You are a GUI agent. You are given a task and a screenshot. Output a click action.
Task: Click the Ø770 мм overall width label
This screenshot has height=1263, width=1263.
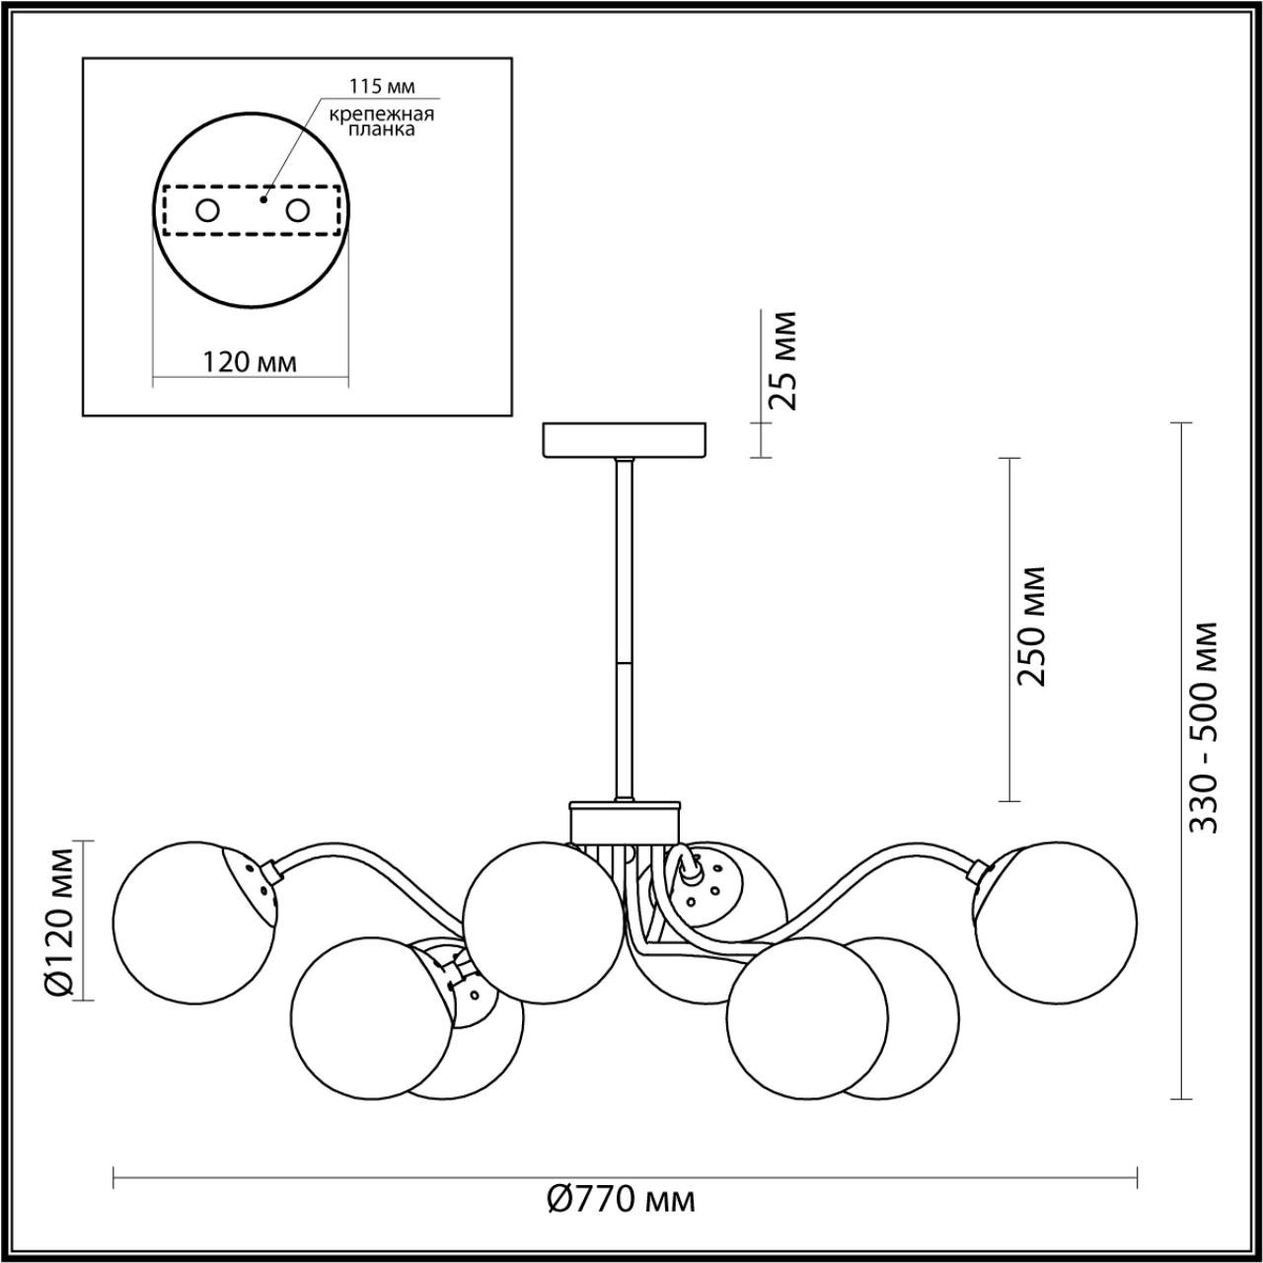[x=621, y=1200]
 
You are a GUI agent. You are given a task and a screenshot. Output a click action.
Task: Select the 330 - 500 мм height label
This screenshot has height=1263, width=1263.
[x=1203, y=727]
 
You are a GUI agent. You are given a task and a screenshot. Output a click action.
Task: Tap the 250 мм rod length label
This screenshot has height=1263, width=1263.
[x=1032, y=626]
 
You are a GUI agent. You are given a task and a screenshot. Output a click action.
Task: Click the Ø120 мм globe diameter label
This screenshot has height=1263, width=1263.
[x=61, y=920]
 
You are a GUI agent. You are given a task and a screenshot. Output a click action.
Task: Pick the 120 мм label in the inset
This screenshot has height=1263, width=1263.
[x=249, y=362]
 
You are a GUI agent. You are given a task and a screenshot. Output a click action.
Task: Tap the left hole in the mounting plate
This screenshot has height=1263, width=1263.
[x=207, y=210]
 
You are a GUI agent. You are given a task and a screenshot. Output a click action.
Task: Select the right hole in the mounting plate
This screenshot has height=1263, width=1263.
[x=296, y=210]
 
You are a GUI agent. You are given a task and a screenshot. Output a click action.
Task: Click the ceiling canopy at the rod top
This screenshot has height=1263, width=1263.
[x=625, y=439]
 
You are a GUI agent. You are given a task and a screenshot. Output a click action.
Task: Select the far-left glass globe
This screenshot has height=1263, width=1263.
[x=187, y=923]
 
